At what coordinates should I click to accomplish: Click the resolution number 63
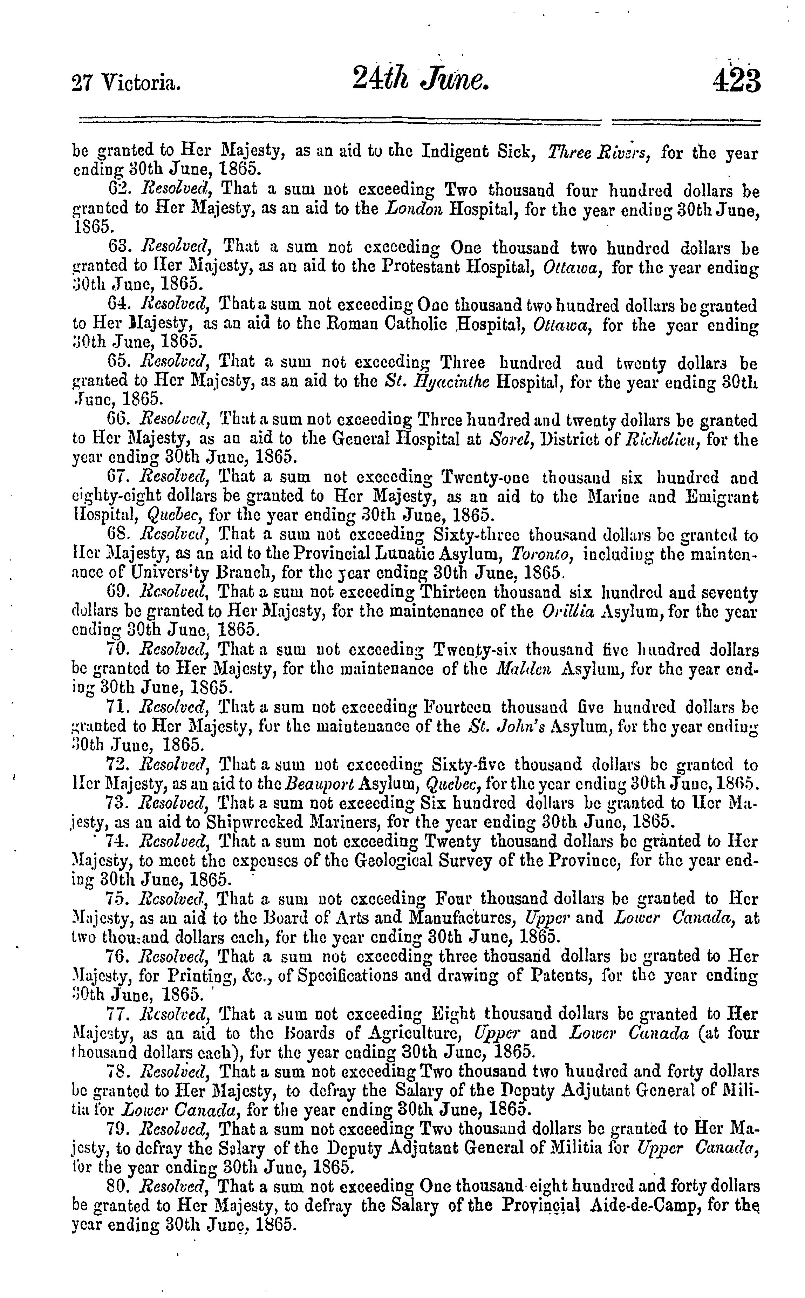[x=118, y=247]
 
